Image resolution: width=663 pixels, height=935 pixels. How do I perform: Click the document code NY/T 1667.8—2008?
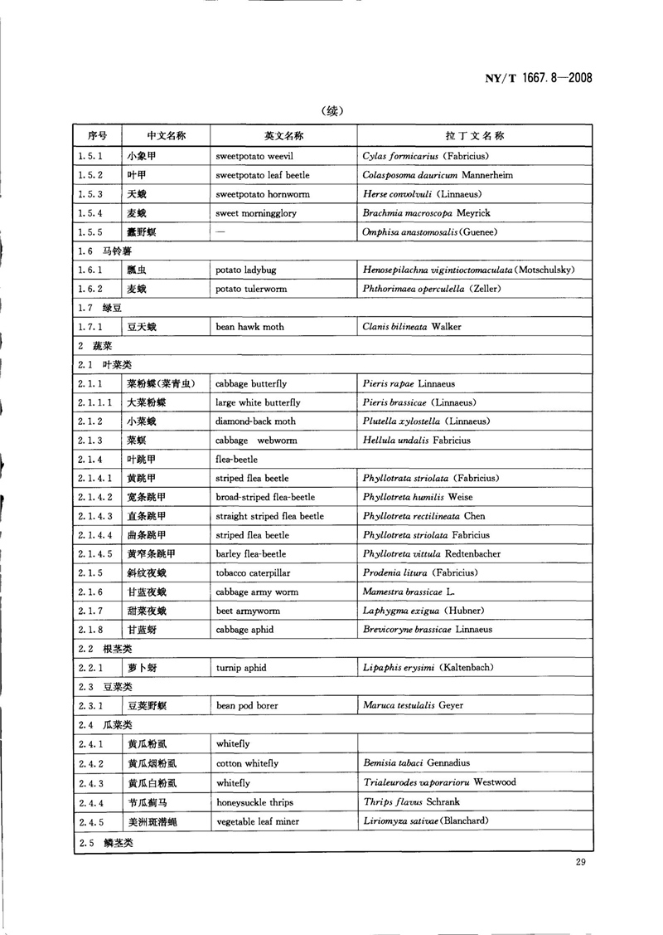click(x=535, y=79)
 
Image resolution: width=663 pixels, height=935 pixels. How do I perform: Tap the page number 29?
click(x=580, y=863)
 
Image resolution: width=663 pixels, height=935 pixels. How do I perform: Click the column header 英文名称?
click(x=283, y=135)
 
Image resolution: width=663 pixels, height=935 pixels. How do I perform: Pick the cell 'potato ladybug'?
click(x=248, y=270)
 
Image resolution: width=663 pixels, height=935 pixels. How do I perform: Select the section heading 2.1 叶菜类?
click(x=104, y=365)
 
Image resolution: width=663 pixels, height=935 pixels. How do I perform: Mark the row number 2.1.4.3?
click(x=94, y=516)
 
